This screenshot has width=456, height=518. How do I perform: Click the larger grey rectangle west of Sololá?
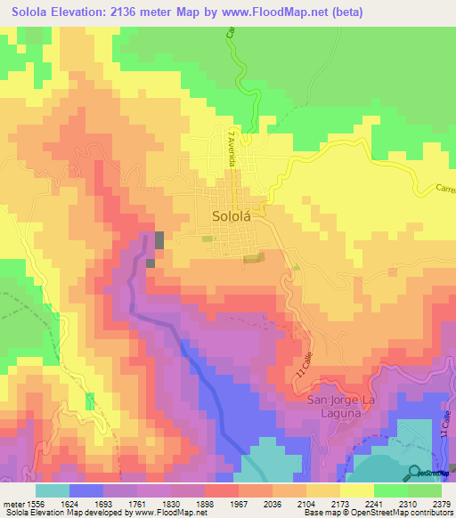pos(159,239)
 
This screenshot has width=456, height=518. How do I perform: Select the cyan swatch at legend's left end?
pos(53,490)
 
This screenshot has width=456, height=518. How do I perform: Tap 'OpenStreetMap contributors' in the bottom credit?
pos(405,514)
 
